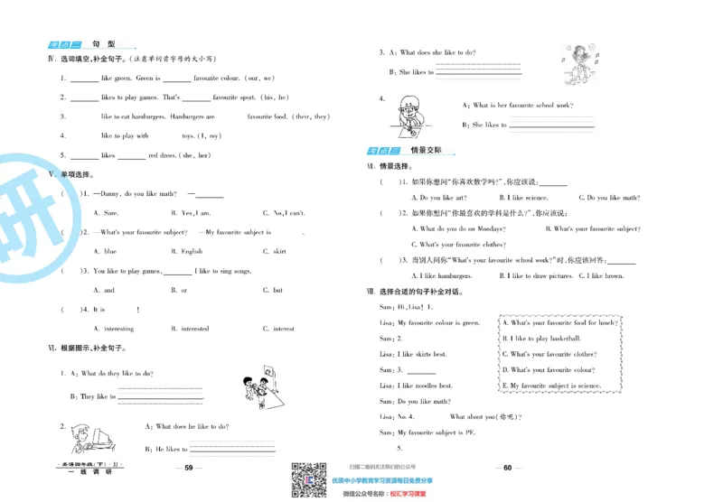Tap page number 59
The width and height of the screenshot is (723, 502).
(189, 468)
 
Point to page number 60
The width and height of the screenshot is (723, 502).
(507, 468)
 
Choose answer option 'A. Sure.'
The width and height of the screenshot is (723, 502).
(106, 213)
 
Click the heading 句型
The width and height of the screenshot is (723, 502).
(106, 45)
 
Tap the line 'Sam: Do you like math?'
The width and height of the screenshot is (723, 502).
(415, 401)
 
